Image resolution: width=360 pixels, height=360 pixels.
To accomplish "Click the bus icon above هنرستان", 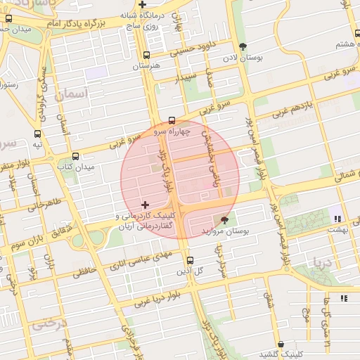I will (146, 55).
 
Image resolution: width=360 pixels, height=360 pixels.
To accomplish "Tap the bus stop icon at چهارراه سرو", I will (172, 120).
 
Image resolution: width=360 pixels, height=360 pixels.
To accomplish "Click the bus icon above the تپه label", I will (37, 134).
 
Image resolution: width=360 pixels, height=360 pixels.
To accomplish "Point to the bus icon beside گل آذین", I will (190, 260).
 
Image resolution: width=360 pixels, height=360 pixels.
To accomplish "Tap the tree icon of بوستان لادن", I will (243, 47).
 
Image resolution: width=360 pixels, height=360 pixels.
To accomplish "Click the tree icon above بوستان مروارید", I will (224, 219).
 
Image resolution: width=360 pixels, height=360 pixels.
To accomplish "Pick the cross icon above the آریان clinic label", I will (145, 205).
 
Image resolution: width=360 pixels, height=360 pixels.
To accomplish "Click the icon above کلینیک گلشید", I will (281, 344).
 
